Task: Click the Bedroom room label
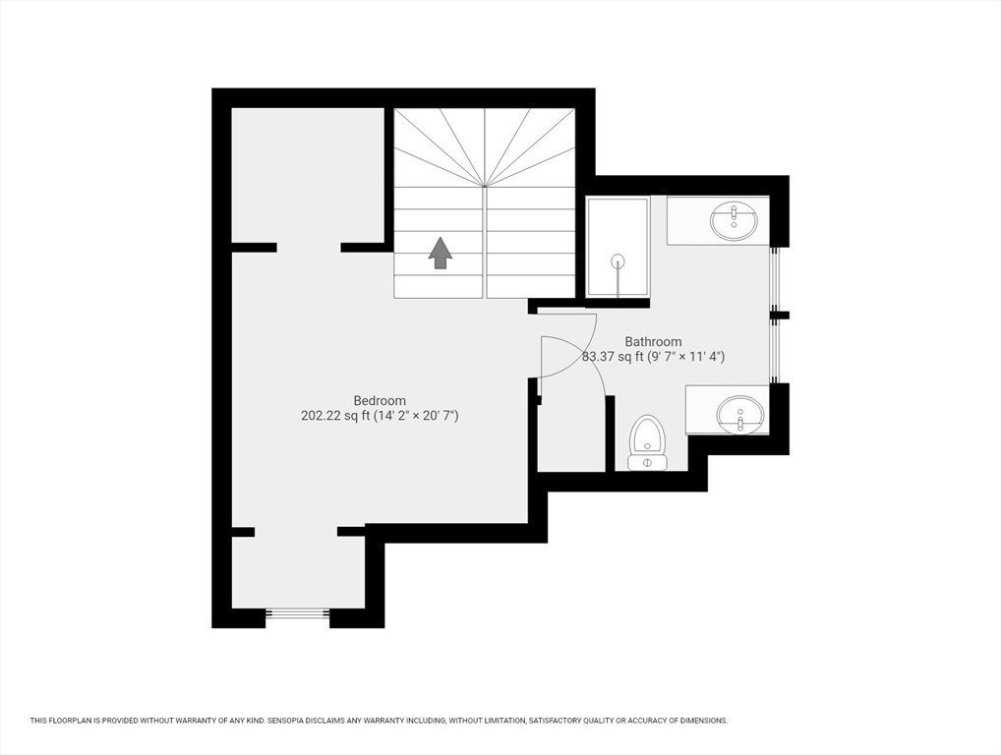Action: point(380,401)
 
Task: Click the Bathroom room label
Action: point(653,341)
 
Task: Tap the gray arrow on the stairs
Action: point(441,253)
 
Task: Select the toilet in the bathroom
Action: point(647,442)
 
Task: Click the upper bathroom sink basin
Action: point(735,221)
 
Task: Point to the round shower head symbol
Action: point(618,261)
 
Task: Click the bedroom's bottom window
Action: point(298,614)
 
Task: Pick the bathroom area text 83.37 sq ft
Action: point(613,357)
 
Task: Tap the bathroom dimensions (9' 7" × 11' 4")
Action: point(686,357)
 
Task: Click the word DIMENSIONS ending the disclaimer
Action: point(706,721)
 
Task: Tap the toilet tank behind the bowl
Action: point(647,461)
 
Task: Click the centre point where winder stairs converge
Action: point(485,186)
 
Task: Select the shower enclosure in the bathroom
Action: point(618,247)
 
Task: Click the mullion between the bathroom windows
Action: point(780,315)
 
